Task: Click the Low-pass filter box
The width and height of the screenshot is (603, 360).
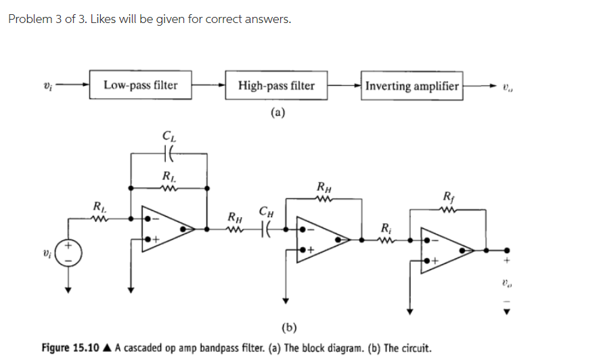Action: (141, 85)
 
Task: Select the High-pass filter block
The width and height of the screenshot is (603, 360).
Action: (276, 86)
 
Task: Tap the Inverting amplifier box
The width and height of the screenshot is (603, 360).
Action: (412, 86)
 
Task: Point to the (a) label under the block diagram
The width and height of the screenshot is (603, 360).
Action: (277, 113)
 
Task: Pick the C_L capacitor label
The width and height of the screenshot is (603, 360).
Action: (168, 138)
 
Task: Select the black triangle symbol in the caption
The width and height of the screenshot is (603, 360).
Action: (108, 348)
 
